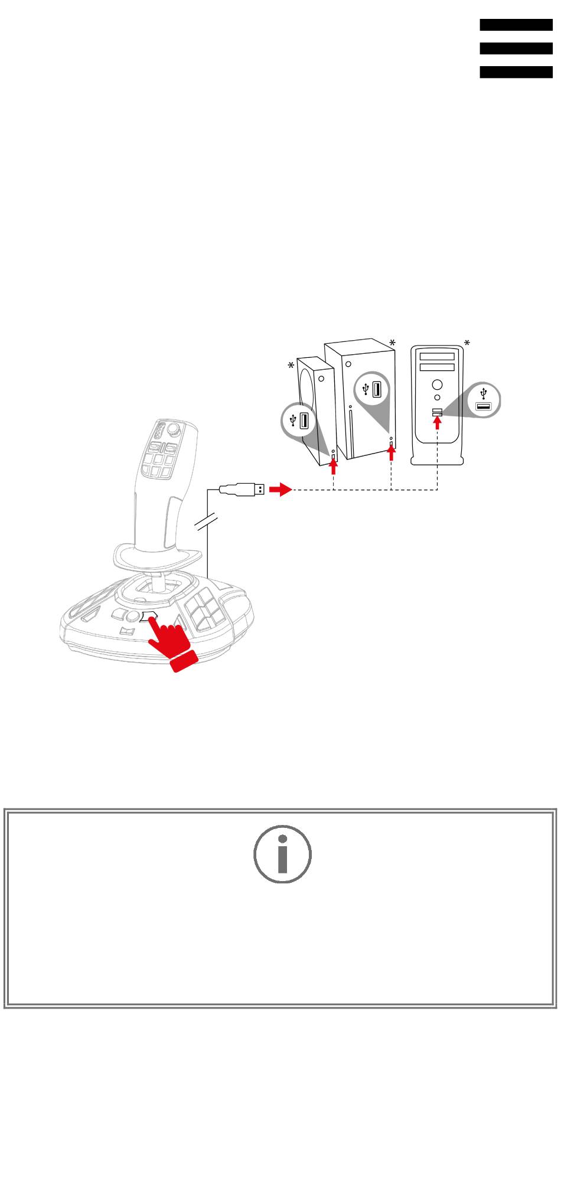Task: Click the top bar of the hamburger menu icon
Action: [x=516, y=25]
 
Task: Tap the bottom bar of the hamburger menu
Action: [x=516, y=72]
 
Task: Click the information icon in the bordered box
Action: [x=282, y=853]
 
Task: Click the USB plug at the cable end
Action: [x=242, y=489]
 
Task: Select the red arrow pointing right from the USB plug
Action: [x=280, y=490]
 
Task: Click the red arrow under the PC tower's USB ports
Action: [x=437, y=422]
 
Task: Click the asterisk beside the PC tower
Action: [x=467, y=343]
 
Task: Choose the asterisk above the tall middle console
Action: [x=392, y=343]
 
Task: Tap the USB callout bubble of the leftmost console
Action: [x=298, y=420]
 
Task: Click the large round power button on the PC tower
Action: [x=437, y=384]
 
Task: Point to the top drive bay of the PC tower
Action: [x=437, y=356]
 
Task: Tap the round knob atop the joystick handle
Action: [x=174, y=428]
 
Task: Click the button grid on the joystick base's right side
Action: [x=204, y=610]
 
